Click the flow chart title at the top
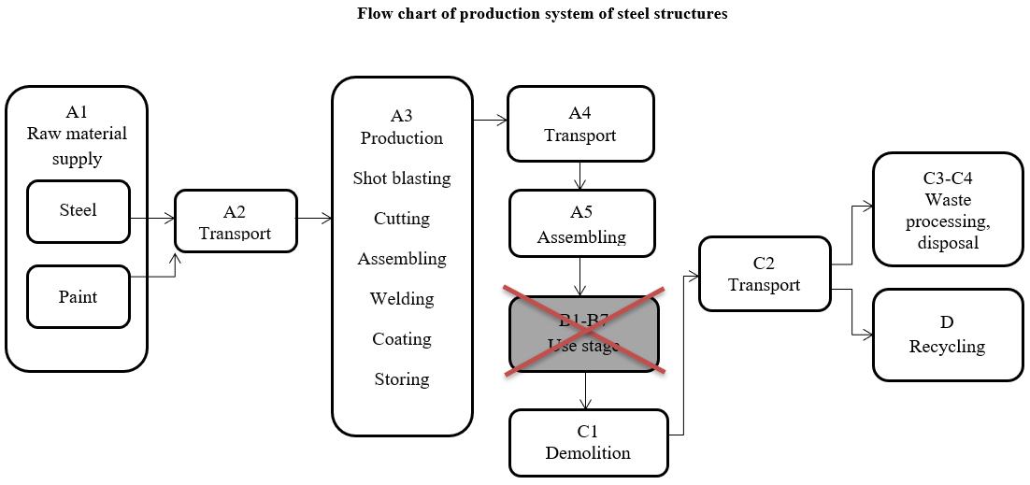541,14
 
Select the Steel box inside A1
78,210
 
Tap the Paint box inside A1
78,297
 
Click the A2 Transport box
236,221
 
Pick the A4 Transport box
579,124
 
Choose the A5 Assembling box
581,224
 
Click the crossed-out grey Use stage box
584,334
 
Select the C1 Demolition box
588,442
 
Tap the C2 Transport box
764,274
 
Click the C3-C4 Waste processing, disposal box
948,210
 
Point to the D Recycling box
948,335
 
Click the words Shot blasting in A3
402,178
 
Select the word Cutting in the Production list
402,219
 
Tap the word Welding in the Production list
402,299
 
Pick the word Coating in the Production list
402,339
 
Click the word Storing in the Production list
402,379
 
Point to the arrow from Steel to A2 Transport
152,219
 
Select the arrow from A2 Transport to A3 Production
315,219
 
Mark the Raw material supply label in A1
77,146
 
